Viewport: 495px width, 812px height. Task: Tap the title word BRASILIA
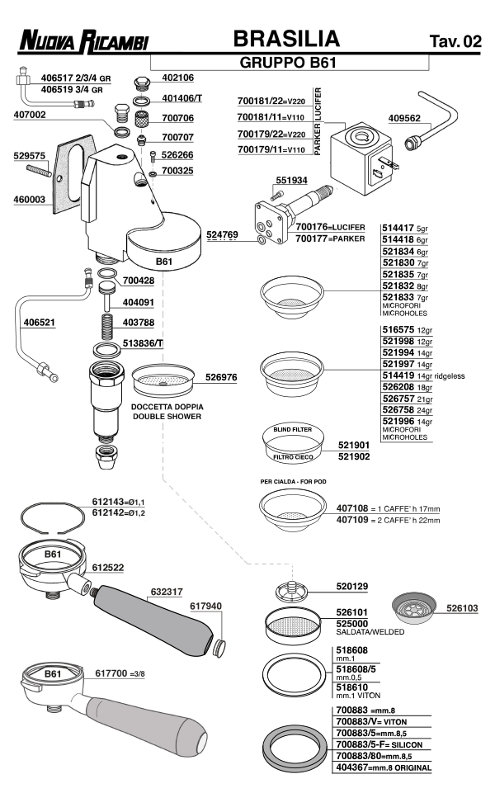point(286,38)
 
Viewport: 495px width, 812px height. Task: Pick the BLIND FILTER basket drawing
point(291,445)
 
